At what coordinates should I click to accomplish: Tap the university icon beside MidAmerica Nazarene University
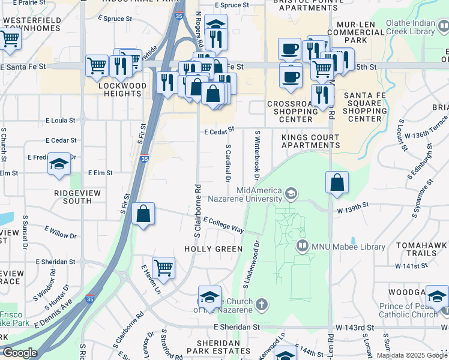click(291, 193)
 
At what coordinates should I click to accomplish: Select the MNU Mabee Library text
click(340, 246)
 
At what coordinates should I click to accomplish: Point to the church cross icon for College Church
click(261, 305)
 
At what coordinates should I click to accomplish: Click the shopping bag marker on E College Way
click(144, 215)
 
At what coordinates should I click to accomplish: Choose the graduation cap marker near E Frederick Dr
click(59, 164)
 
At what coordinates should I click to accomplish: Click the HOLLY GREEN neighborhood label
click(214, 249)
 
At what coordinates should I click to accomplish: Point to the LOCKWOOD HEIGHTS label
click(122, 89)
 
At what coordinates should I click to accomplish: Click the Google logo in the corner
click(20, 353)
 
